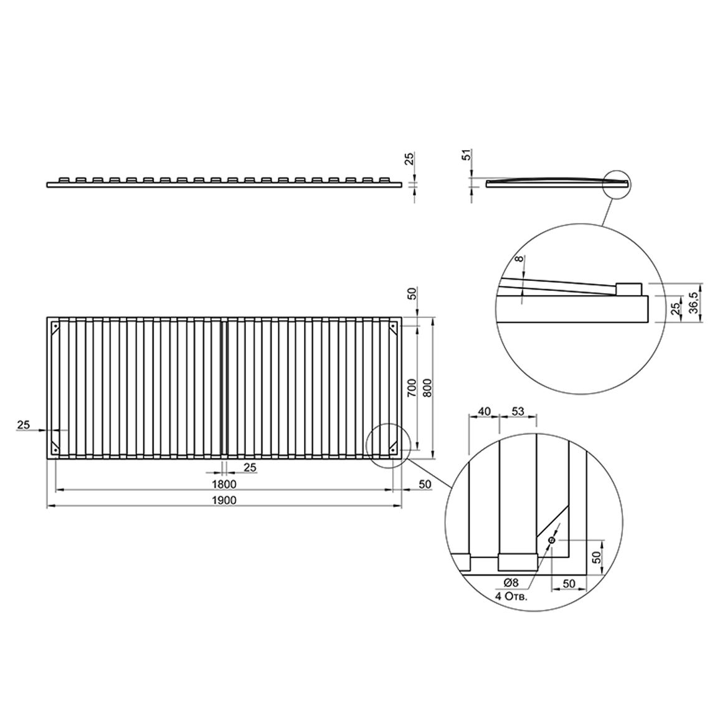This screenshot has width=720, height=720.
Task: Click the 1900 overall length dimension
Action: click(224, 500)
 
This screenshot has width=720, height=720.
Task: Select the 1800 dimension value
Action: click(224, 485)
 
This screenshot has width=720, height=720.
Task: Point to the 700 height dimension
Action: click(412, 387)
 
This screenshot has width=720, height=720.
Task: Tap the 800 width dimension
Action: click(427, 387)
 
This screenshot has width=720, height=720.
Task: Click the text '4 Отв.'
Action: click(511, 597)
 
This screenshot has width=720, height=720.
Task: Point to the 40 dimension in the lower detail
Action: click(485, 412)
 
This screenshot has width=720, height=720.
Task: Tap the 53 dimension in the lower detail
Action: click(518, 412)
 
